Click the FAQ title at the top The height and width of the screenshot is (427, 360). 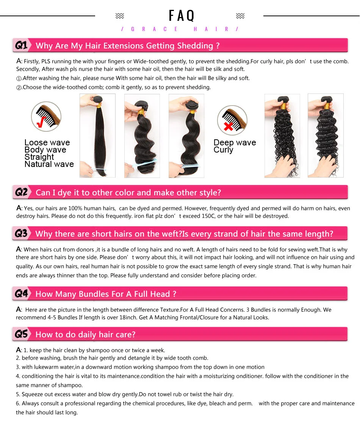point(182,16)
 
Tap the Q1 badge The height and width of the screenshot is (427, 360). point(21,45)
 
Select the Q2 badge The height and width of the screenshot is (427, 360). point(21,192)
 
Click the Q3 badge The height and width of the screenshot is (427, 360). point(21,234)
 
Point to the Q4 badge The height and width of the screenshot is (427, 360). point(21,294)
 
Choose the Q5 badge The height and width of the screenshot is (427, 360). point(21,334)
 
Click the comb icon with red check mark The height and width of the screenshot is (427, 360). point(46,117)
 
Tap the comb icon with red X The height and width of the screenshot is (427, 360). point(232,120)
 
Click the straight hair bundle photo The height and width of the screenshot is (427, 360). point(97,136)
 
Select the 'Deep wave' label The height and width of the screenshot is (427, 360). point(235,142)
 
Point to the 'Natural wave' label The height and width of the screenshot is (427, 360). point(49,164)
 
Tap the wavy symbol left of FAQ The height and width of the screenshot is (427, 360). point(120,16)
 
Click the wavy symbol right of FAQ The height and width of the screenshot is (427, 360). point(240,16)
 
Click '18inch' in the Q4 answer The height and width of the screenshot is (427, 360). point(128,318)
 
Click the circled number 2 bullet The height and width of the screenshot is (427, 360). point(19,88)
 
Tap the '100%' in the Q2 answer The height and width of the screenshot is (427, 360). point(75,209)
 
